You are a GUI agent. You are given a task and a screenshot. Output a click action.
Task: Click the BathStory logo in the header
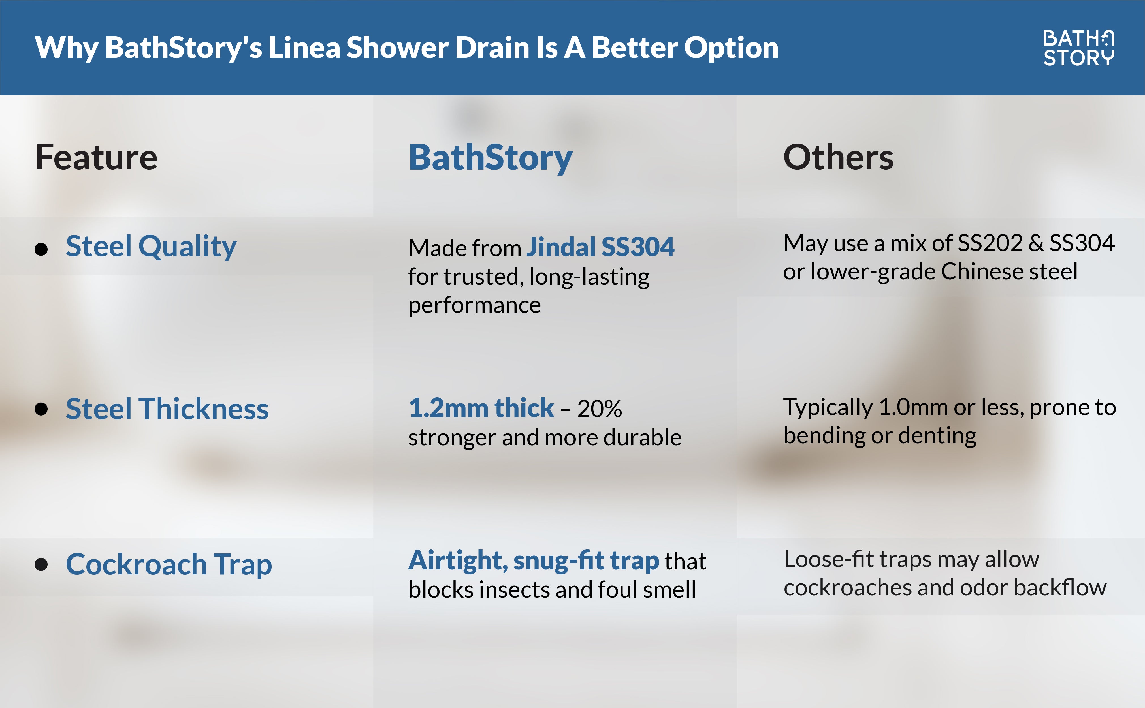[1078, 48]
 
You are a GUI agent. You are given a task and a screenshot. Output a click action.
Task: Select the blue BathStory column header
[490, 157]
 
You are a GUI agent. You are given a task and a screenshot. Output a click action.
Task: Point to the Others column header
[838, 157]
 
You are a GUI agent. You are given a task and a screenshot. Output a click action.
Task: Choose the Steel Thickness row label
[167, 409]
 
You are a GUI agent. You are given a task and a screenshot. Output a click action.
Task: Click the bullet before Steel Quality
[41, 249]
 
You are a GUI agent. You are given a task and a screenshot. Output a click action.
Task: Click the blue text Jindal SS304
[600, 247]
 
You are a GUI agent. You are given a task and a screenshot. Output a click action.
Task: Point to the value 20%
[600, 409]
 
